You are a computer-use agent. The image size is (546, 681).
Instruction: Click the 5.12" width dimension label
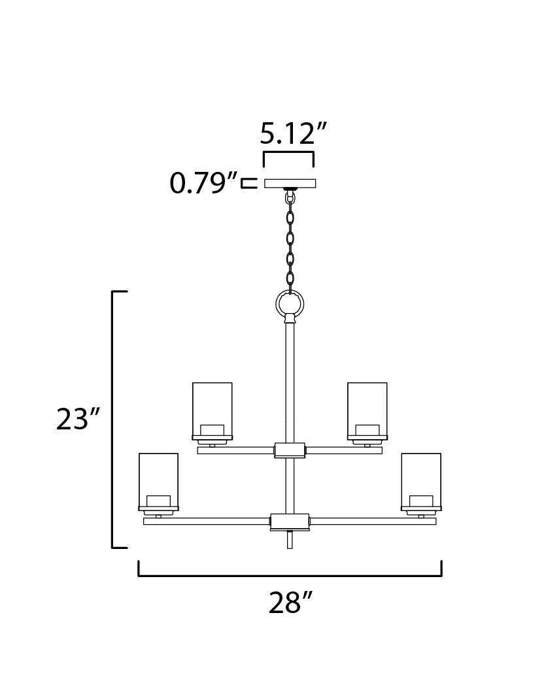click(x=292, y=133)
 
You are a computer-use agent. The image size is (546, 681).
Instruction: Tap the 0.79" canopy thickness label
click(x=203, y=184)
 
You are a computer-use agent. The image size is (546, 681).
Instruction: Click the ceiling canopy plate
click(x=290, y=183)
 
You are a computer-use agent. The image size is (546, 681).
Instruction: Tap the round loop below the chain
click(x=290, y=303)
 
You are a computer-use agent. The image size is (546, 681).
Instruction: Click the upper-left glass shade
click(x=212, y=408)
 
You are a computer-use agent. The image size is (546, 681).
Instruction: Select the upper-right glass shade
click(x=367, y=408)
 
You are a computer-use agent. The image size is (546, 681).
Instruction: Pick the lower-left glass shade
click(x=158, y=479)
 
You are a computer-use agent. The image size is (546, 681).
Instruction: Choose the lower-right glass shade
click(x=421, y=479)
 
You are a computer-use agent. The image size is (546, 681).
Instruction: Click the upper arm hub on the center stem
click(x=290, y=450)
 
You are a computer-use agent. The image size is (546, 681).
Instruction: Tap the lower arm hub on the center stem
click(x=290, y=521)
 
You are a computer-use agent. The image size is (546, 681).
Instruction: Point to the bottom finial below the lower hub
click(x=290, y=539)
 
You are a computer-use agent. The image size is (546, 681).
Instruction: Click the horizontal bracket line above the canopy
click(x=288, y=153)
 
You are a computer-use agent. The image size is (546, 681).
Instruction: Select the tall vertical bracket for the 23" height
click(x=114, y=419)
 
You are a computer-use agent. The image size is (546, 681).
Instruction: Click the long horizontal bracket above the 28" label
click(x=290, y=575)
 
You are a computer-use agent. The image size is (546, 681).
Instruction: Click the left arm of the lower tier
click(x=207, y=521)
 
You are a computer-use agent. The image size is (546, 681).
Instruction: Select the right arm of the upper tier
click(x=344, y=450)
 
